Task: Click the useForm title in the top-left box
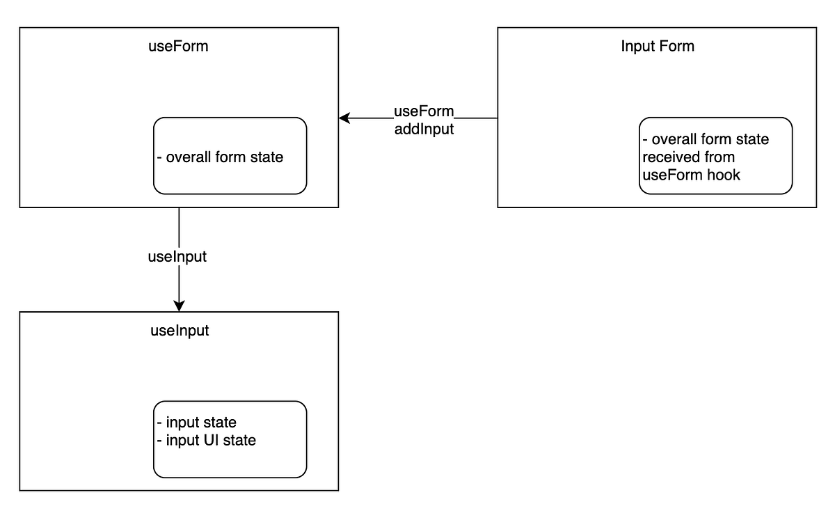[179, 47]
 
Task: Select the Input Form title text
[657, 47]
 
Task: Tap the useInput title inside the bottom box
[179, 331]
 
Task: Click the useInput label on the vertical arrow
[177, 256]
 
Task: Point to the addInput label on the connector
[424, 128]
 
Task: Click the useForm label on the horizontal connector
[424, 111]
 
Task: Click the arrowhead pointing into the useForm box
[344, 118]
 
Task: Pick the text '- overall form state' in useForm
[221, 157]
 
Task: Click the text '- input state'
[197, 423]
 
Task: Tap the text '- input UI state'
[207, 440]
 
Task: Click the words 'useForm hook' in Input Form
[691, 175]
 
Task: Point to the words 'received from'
[688, 157]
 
